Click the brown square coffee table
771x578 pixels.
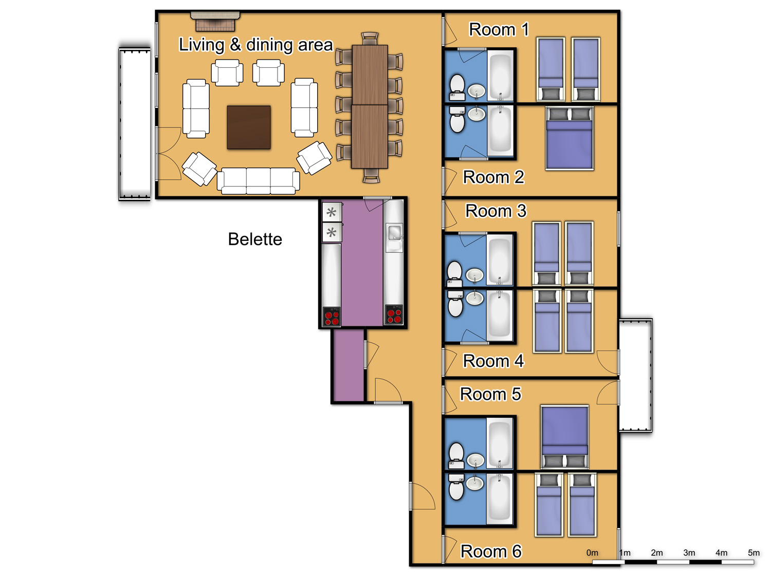[x=249, y=127]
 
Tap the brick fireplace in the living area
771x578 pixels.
[x=215, y=22]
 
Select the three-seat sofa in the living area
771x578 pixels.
[x=258, y=181]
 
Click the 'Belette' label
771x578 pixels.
[x=255, y=239]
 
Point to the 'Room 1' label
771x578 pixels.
[x=499, y=29]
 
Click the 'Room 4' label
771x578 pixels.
[x=493, y=361]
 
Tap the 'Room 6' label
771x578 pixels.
[x=491, y=551]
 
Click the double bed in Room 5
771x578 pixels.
[x=565, y=437]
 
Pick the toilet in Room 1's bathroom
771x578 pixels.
[x=457, y=87]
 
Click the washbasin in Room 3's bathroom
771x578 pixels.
[x=475, y=275]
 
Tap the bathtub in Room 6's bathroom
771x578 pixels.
[x=500, y=498]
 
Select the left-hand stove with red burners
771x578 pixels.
[x=332, y=316]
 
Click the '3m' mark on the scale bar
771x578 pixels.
[x=689, y=553]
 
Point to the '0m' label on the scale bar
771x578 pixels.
[x=592, y=553]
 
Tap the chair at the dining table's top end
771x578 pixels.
[x=370, y=38]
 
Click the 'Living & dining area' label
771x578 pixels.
[x=255, y=45]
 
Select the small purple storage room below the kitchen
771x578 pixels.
[x=348, y=365]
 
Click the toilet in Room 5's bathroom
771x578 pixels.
[x=456, y=456]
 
